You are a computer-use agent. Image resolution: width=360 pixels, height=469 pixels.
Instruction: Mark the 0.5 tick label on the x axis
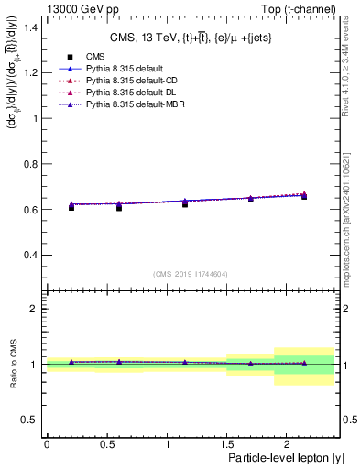pos(106,444)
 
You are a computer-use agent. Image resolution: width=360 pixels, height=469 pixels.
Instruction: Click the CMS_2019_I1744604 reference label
pos(190,273)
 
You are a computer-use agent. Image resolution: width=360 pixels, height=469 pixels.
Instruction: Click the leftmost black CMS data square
pos(71,208)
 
